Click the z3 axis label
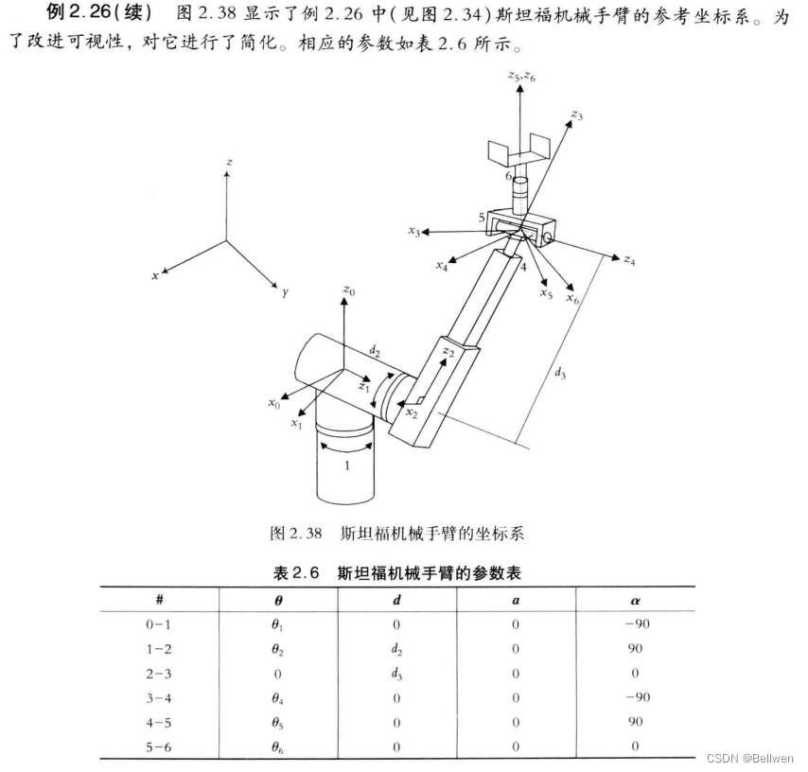tap(576, 115)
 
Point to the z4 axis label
tap(629, 259)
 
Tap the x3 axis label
tap(413, 231)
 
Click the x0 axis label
tap(272, 403)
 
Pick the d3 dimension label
tap(561, 372)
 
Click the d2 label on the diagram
tap(375, 352)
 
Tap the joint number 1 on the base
tap(347, 465)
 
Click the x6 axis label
tap(573, 298)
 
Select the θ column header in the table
tap(277, 600)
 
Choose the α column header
tap(634, 600)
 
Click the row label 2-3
tap(159, 674)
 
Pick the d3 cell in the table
tap(396, 674)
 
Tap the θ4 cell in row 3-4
tap(277, 698)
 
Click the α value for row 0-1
tap(634, 624)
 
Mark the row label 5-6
tap(159, 747)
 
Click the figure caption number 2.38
tap(307, 535)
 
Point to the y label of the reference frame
tap(284, 294)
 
